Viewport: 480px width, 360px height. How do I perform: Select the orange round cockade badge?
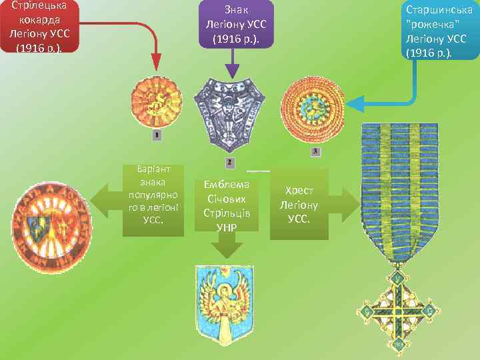pos(156,101)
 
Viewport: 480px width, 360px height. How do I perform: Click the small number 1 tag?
pos(157,135)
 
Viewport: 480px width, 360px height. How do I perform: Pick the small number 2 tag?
pos(229,162)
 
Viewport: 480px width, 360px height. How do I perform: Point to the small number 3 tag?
pos(315,152)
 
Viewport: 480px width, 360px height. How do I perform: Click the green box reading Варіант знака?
pos(153,199)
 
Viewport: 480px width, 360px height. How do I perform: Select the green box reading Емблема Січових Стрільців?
pos(227,203)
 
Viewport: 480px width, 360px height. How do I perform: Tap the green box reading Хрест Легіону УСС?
pos(299,203)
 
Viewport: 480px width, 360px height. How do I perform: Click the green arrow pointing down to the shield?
pos(227,248)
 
